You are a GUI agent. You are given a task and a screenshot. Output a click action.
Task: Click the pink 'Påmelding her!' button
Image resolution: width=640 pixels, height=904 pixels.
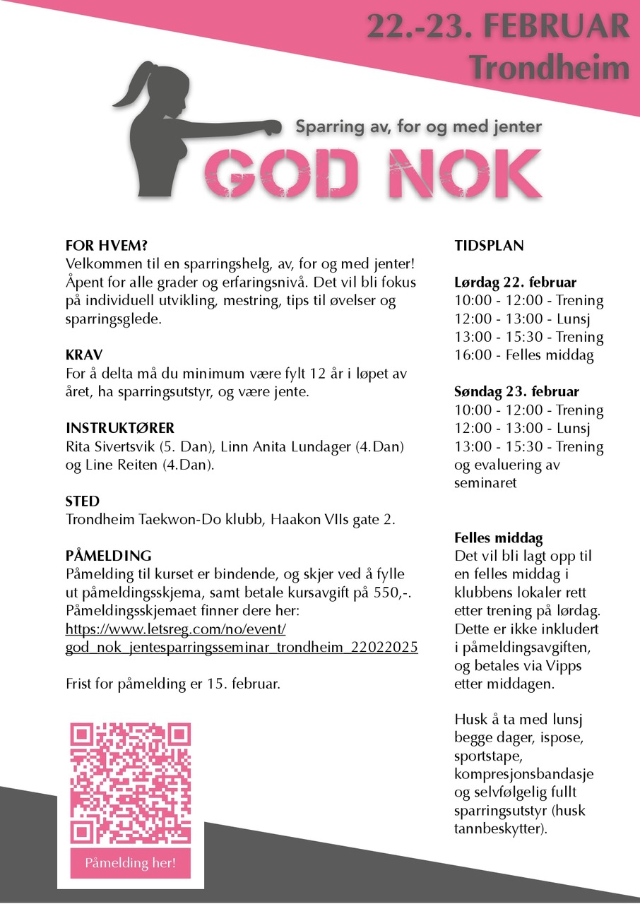tap(130, 862)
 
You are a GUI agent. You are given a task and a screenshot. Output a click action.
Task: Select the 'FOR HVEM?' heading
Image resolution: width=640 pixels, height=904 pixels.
tap(106, 246)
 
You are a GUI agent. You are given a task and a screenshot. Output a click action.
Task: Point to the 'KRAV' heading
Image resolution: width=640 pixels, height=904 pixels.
tap(83, 355)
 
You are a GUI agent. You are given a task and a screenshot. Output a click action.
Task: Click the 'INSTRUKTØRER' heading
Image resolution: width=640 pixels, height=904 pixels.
tap(119, 429)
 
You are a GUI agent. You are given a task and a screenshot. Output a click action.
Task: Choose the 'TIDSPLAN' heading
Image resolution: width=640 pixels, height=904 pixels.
tap(489, 246)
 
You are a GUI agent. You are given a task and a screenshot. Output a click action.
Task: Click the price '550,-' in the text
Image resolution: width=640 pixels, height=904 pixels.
tap(387, 592)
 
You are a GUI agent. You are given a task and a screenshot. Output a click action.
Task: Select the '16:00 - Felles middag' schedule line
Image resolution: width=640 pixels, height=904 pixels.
tap(523, 355)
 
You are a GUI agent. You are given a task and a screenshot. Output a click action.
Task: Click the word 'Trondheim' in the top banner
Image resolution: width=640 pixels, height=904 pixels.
tap(549, 67)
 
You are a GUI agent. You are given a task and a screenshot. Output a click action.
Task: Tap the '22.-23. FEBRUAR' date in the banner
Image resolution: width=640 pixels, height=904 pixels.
tap(497, 28)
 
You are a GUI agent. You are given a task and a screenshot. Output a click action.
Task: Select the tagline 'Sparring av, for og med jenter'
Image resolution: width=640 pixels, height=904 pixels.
tap(418, 127)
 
